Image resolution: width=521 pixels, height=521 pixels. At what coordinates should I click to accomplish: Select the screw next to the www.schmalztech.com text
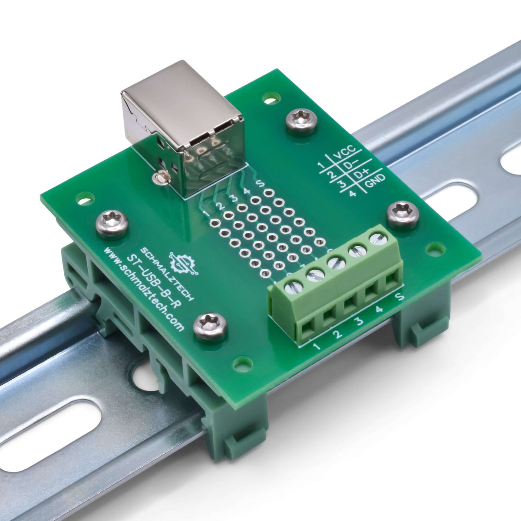coord(210,327)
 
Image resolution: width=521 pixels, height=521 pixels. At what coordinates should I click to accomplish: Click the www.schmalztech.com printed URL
coord(143,288)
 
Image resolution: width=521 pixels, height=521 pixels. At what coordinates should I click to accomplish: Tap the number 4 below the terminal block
coord(379,310)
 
